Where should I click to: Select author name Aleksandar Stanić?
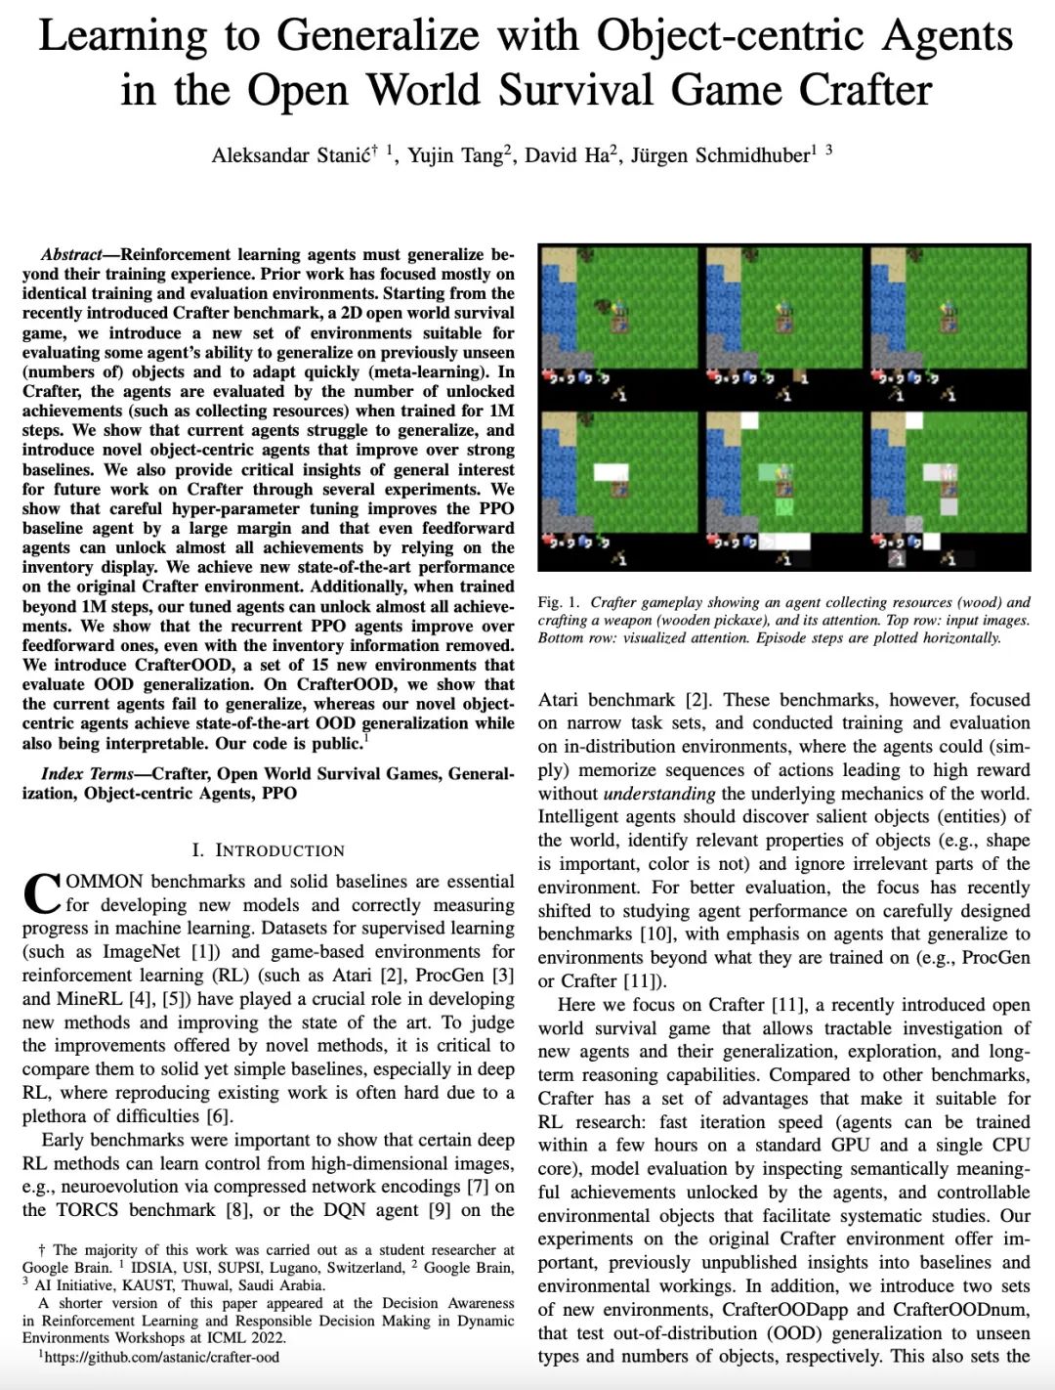click(291, 156)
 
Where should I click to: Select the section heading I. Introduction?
click(268, 850)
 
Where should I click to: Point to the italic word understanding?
click(659, 794)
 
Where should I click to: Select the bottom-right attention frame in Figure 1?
click(949, 490)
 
